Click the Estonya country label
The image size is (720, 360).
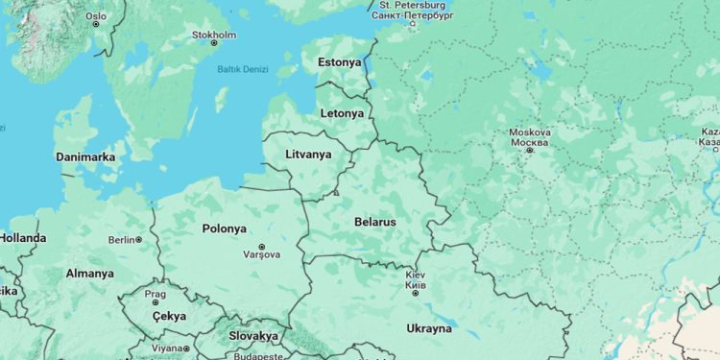(339, 62)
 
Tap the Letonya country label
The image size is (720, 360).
(342, 113)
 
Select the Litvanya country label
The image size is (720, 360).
(308, 154)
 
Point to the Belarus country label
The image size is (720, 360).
(374, 222)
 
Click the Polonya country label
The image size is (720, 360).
(224, 228)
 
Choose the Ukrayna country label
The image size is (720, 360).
(428, 328)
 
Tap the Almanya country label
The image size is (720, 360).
(89, 274)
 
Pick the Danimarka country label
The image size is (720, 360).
(85, 156)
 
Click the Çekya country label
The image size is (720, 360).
(169, 316)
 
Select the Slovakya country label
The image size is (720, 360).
(253, 336)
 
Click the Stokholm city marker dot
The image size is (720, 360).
(214, 43)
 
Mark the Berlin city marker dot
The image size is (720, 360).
(139, 240)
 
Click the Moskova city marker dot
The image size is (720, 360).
(529, 150)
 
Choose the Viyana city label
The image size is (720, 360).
(166, 348)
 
